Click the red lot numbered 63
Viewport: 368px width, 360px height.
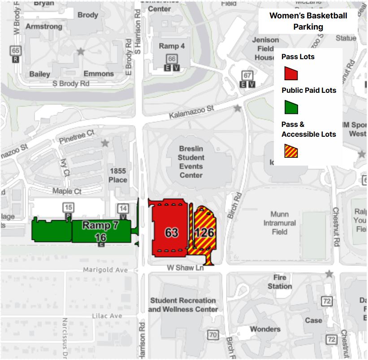[171, 232]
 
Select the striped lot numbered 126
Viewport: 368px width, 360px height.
[204, 233]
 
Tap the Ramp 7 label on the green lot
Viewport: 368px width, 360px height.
[100, 225]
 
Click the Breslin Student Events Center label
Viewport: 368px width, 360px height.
[191, 161]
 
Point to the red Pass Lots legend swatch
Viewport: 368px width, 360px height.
[291, 73]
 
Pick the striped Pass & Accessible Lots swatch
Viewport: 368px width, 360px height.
[291, 151]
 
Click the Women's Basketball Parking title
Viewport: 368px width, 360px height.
[308, 21]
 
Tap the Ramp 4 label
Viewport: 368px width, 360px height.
[172, 46]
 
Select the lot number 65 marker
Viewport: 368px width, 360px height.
[16, 51]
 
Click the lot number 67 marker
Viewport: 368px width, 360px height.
[247, 75]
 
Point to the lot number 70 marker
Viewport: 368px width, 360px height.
[212, 334]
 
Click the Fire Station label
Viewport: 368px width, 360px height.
[280, 282]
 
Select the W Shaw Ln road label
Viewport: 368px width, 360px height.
[185, 268]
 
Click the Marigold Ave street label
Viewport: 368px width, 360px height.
[105, 270]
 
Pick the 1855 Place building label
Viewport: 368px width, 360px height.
[118, 175]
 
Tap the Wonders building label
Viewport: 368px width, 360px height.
[265, 329]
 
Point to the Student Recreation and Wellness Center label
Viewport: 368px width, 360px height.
[183, 304]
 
